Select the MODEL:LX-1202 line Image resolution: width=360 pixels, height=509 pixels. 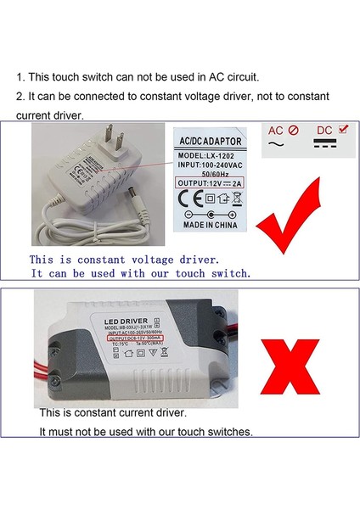click(x=207, y=155)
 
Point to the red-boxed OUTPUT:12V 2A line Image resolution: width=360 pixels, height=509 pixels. click(x=209, y=182)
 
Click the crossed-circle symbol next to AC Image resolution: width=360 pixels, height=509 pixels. click(x=293, y=131)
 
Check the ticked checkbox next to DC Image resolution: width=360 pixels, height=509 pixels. click(x=341, y=128)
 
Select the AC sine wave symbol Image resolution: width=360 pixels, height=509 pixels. click(x=275, y=146)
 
